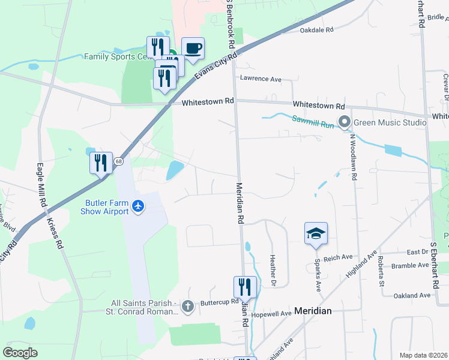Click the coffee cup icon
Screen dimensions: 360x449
click(x=193, y=49)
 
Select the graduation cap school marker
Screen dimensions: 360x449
click(x=316, y=233)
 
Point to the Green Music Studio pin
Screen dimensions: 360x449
click(x=344, y=122)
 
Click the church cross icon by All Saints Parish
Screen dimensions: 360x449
click(x=188, y=307)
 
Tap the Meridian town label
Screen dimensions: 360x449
click(x=313, y=311)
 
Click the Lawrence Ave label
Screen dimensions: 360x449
click(x=261, y=79)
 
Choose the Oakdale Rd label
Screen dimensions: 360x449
click(x=316, y=29)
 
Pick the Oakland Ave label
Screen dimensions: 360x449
click(x=412, y=295)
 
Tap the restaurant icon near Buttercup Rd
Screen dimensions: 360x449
click(x=244, y=287)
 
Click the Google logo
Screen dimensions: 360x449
click(x=20, y=353)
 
